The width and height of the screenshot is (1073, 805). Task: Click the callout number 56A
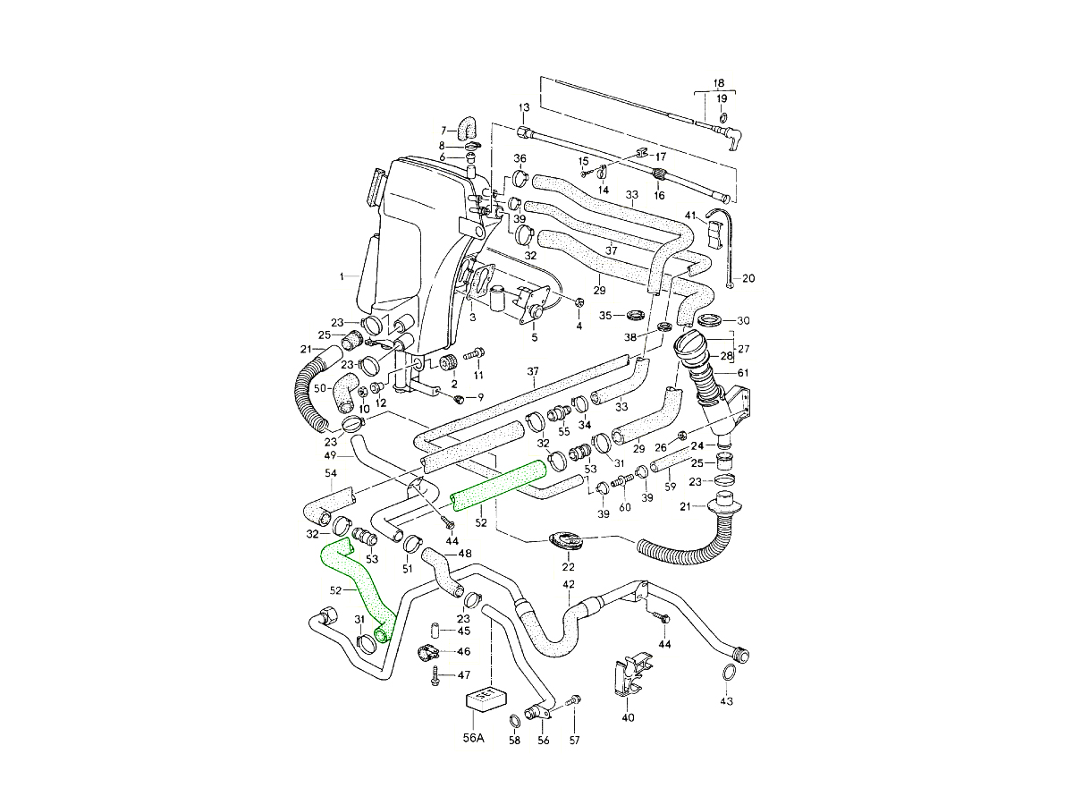click(473, 739)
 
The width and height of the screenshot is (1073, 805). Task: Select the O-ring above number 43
click(729, 673)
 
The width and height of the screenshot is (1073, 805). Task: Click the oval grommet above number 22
click(565, 541)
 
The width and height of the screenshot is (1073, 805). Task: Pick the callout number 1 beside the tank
click(342, 277)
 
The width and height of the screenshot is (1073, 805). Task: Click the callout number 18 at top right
click(720, 81)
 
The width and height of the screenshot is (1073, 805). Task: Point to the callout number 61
click(743, 372)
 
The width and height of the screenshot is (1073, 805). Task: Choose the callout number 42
click(569, 585)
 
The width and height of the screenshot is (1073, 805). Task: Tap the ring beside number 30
click(712, 320)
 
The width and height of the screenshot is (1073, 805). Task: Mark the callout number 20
click(748, 278)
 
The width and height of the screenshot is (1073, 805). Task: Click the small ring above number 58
click(516, 720)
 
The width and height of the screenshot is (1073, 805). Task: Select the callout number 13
click(524, 108)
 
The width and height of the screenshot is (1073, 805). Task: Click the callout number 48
click(465, 554)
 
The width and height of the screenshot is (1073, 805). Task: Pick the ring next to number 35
click(637, 316)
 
